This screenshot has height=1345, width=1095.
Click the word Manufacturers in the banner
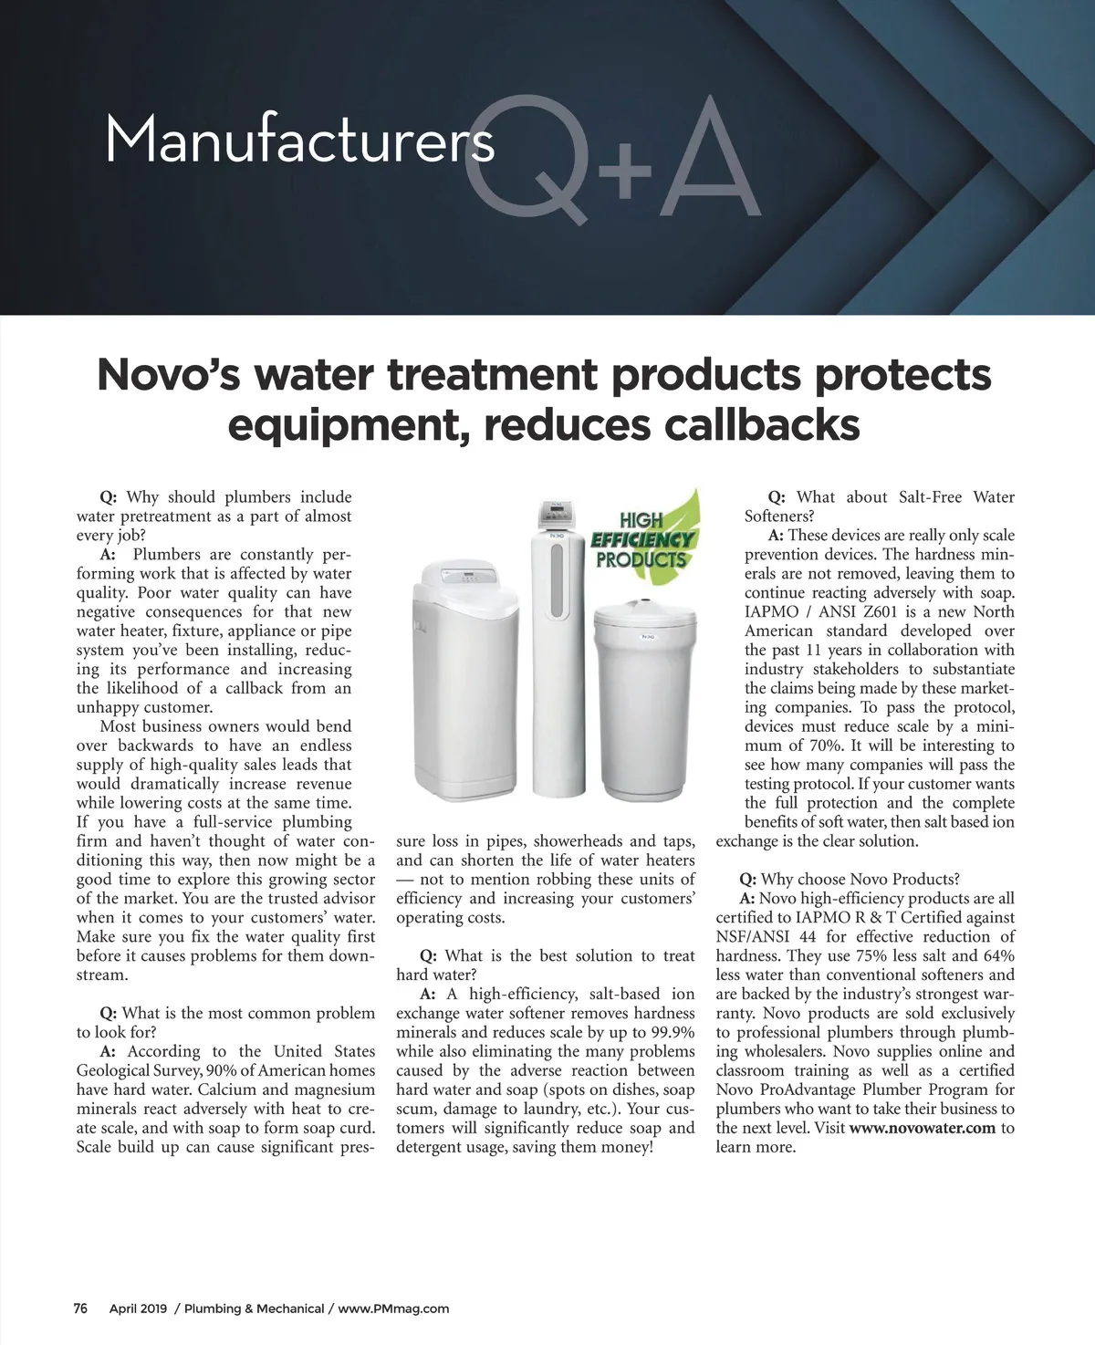coord(299,141)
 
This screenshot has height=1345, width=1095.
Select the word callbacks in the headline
coord(761,424)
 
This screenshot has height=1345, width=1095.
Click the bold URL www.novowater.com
coord(923,1128)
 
